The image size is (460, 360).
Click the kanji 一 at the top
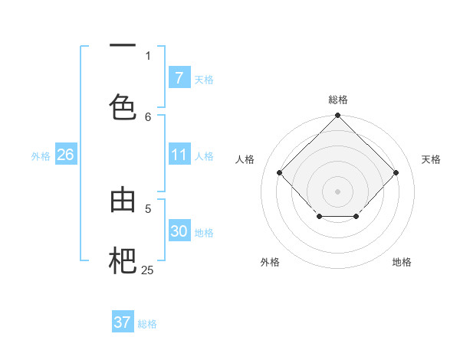123,47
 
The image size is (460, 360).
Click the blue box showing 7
179,78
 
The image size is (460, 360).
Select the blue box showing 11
179,155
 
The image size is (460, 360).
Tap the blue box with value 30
179,231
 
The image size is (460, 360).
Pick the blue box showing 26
65,155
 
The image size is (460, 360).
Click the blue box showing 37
122,322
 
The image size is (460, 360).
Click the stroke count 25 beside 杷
147,270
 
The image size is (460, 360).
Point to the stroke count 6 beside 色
148,116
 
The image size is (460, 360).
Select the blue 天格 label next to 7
204,80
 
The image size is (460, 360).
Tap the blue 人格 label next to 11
204,156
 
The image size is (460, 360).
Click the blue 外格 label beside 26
41,156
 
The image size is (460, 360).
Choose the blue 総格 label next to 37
147,324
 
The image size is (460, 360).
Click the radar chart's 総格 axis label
337,100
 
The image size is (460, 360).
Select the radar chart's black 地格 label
402,263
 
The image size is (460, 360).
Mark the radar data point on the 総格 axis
337,116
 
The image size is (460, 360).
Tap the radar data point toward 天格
396,172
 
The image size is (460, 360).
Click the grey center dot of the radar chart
337,191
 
